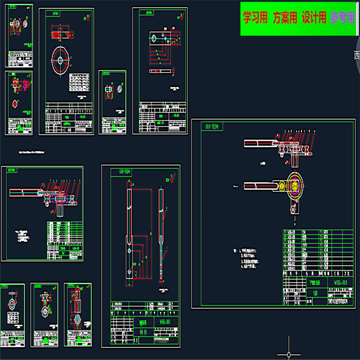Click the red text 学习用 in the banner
click(x=255, y=18)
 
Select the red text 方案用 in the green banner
click(x=285, y=18)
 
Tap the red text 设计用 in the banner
click(x=314, y=18)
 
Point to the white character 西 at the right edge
click(x=357, y=56)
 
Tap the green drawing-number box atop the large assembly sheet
click(x=212, y=126)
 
